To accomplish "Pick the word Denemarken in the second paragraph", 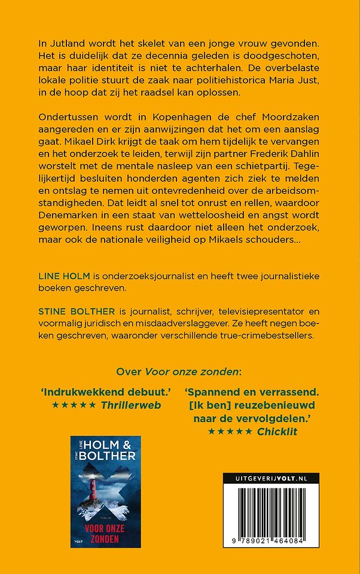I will pyautogui.click(x=69, y=221).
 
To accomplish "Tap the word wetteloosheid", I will pyautogui.click(x=208, y=221).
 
